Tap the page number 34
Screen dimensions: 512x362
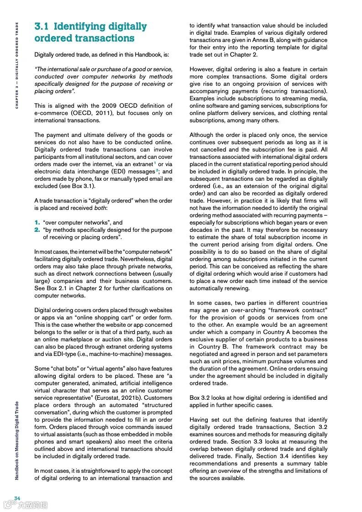pyautogui.click(x=17, y=498)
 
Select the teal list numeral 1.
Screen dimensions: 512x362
pyautogui.click(x=37, y=223)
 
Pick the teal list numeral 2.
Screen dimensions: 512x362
pyautogui.click(x=37, y=230)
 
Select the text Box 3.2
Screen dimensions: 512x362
pyautogui.click(x=201, y=398)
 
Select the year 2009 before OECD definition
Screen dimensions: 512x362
pyautogui.click(x=86, y=106)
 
